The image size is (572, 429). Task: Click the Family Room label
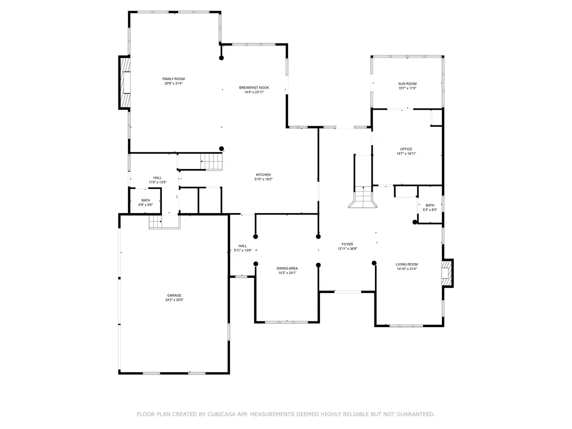[173, 79]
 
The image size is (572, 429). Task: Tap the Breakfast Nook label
[254, 88]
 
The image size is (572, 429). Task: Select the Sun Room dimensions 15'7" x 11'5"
[407, 88]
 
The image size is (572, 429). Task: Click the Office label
[406, 149]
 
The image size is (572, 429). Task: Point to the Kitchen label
[263, 175]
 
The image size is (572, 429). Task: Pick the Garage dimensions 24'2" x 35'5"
[174, 300]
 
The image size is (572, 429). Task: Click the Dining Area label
[287, 268]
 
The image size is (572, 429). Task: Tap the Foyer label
[347, 244]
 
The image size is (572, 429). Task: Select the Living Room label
[407, 264]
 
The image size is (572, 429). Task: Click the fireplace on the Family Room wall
[125, 82]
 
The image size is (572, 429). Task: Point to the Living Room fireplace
[447, 273]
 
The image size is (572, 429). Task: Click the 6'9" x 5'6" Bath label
[145, 202]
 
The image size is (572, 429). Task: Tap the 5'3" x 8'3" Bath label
[430, 207]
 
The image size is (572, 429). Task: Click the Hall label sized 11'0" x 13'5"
[157, 180]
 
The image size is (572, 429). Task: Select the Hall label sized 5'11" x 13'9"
[243, 248]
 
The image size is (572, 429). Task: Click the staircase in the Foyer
[363, 197]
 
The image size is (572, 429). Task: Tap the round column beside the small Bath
[415, 222]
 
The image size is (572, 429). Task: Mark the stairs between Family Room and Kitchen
[211, 162]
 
